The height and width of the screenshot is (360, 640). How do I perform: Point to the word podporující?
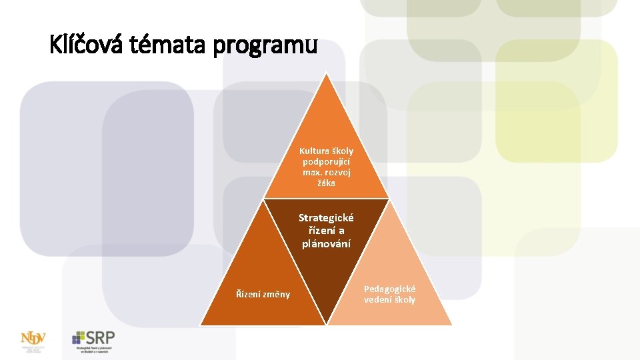tap(327, 162)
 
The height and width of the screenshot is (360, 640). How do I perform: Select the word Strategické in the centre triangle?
tap(327, 218)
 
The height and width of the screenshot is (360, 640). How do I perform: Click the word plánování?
tap(327, 243)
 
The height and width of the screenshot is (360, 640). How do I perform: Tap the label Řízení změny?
tap(263, 294)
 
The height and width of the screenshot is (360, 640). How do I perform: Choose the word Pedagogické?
tap(390, 289)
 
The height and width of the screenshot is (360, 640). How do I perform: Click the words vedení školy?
tap(390, 300)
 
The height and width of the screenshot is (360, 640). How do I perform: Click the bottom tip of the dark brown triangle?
tap(327, 324)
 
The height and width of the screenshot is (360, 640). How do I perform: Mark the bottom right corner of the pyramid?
tap(451, 325)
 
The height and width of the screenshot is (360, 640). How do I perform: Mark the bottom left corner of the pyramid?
tap(201, 325)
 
